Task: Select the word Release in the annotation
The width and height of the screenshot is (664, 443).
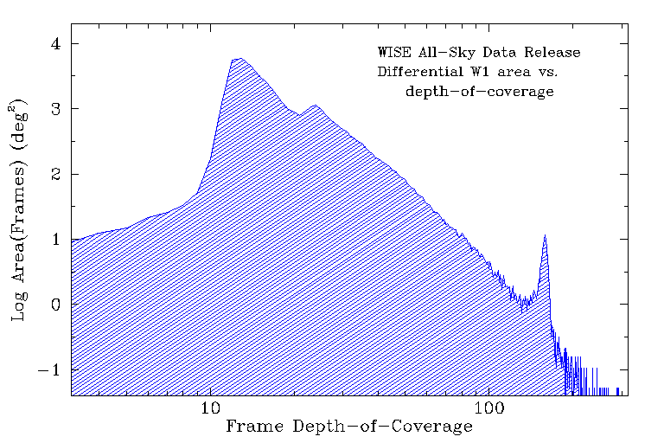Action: [552, 53]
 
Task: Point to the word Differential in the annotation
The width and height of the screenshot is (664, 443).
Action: [418, 72]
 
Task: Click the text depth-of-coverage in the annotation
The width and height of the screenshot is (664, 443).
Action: [479, 91]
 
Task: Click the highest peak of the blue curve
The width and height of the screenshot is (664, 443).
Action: [239, 58]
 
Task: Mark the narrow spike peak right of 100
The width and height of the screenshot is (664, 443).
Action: [545, 234]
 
